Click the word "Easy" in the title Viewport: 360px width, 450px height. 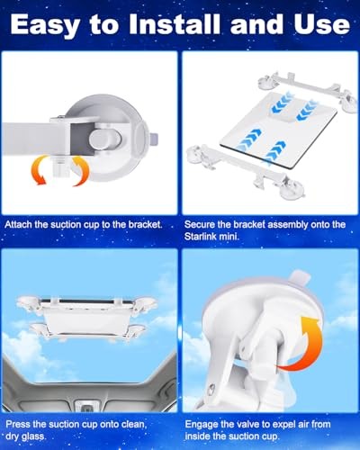[x=45, y=26]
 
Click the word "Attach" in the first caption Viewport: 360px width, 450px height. [x=18, y=224]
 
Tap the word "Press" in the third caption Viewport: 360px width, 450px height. [x=18, y=424]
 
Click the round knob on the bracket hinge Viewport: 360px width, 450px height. [x=105, y=139]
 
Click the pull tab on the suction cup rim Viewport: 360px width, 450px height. [x=299, y=278]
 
